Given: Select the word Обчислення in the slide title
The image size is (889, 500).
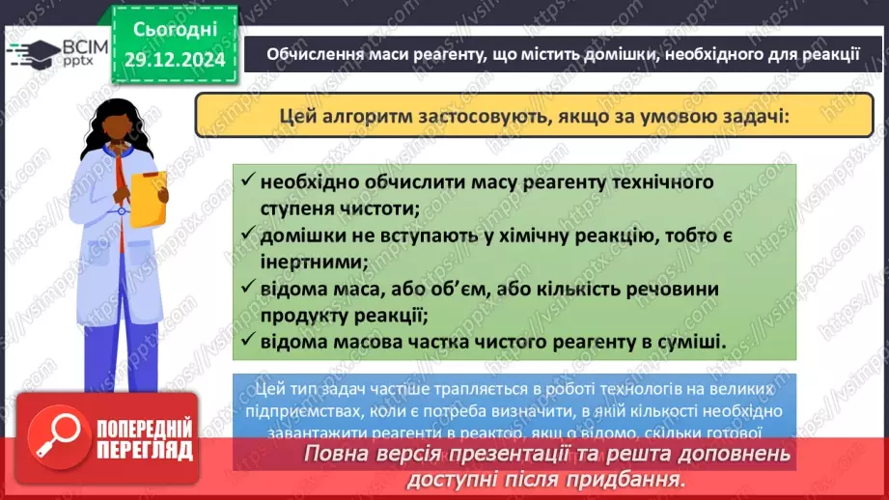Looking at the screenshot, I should [x=315, y=54].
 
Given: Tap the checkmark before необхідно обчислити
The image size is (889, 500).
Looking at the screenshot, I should [x=249, y=181].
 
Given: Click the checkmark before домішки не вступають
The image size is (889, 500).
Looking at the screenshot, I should [x=249, y=235].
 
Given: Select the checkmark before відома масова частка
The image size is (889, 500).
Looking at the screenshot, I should [x=249, y=340].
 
